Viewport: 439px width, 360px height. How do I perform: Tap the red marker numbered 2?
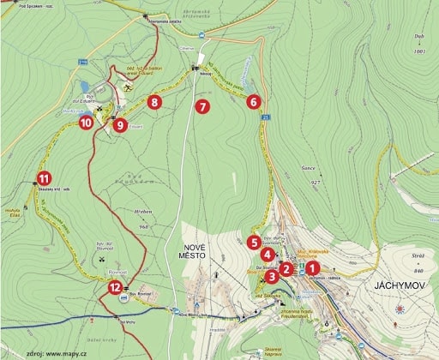point(286,268)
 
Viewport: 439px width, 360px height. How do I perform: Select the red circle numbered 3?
point(272,276)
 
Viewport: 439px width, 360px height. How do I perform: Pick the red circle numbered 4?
point(268,255)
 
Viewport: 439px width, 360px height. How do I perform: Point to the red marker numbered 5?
point(255,242)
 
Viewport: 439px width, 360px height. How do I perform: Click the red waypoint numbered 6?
point(253,102)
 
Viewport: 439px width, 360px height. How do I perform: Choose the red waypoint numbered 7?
point(202,107)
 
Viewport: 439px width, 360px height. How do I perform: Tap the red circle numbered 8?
point(154,102)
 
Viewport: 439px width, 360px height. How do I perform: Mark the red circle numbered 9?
point(119,125)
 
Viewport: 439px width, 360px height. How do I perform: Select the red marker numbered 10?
point(86,122)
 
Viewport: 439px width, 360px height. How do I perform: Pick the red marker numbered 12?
point(116,287)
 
